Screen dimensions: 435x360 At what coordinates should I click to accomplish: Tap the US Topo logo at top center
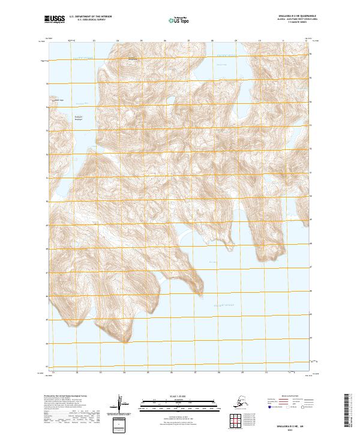pos(180,20)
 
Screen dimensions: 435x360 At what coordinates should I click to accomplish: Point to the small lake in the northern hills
pos(171,100)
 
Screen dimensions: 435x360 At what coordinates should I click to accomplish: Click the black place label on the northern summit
pos(131,58)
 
